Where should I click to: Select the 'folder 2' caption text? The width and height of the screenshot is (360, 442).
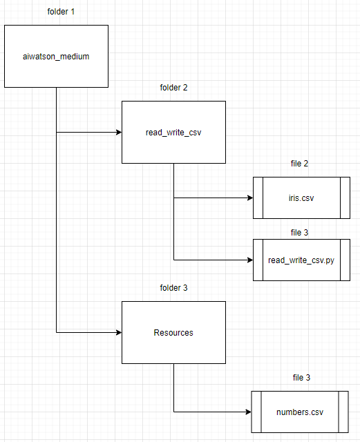(173, 88)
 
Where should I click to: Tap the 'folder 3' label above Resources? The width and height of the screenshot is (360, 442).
(173, 288)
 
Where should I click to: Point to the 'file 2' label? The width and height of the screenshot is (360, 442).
(300, 164)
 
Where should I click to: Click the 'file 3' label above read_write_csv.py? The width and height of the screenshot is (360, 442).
(301, 232)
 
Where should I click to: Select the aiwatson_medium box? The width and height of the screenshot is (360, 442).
(56, 56)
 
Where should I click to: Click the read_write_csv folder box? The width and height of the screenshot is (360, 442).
(173, 132)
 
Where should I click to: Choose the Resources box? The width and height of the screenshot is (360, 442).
(173, 332)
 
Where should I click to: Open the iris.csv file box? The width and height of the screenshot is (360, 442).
(301, 198)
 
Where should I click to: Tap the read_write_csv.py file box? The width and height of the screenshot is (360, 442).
(301, 260)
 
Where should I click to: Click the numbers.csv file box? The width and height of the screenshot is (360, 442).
(300, 412)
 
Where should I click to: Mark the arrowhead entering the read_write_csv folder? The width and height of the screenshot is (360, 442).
(117, 132)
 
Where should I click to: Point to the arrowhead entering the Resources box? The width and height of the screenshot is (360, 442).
(117, 332)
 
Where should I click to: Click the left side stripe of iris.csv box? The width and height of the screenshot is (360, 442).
(258, 198)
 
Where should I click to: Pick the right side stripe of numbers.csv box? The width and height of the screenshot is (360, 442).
(342, 412)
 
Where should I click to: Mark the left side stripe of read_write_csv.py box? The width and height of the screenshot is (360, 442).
(258, 260)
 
